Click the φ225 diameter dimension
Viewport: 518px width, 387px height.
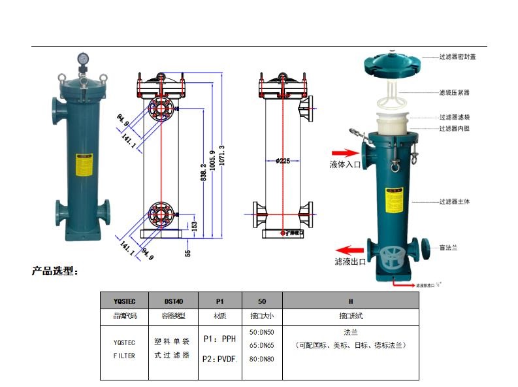tap(283, 160)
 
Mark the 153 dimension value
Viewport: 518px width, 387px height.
tap(193, 226)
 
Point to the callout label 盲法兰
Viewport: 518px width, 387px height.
tap(448, 247)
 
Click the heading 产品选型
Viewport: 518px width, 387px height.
tap(55, 271)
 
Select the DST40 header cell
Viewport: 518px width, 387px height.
tap(173, 302)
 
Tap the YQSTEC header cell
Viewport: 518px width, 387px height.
tap(124, 302)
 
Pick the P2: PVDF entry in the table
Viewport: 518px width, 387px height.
tap(219, 358)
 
